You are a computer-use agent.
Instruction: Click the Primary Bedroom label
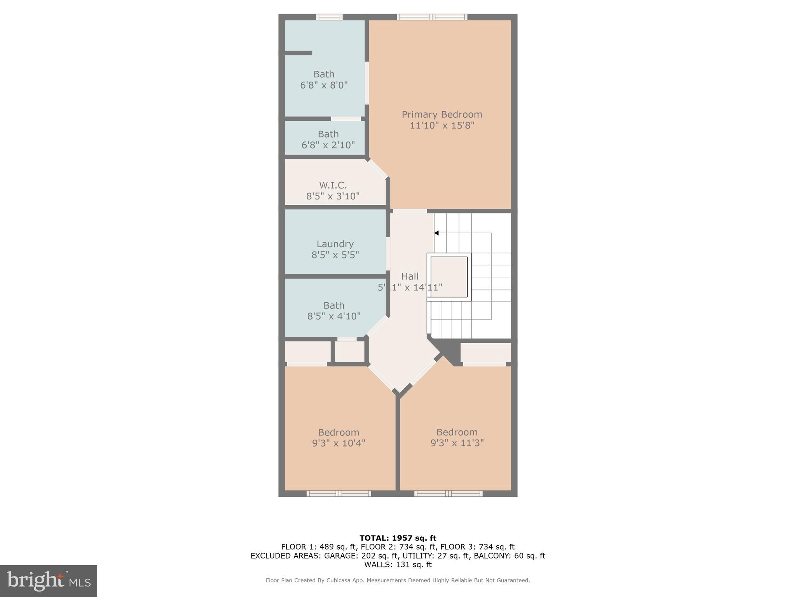pos(442,115)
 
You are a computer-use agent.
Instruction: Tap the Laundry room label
pos(335,244)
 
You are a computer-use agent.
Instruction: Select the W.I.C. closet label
pos(333,185)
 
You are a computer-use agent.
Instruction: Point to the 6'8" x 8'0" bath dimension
pos(324,85)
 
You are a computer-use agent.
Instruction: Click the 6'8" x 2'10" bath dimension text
pos(328,145)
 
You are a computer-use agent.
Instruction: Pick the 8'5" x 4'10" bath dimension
pos(334,316)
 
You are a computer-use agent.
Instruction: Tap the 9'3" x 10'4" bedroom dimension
pos(339,443)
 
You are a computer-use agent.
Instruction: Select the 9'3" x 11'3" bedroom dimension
pos(457,443)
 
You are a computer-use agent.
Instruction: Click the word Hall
pos(410,276)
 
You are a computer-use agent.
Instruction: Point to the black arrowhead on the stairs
pos(436,233)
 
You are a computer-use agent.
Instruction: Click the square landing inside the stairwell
pos(449,277)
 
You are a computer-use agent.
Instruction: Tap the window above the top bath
pos(329,17)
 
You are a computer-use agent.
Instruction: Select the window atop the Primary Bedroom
pos(432,17)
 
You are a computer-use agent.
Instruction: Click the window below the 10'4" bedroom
pos(339,494)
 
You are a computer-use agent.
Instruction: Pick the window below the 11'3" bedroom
pos(448,494)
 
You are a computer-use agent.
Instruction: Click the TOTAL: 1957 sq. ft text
pos(398,538)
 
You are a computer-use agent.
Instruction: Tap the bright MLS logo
pos(49,581)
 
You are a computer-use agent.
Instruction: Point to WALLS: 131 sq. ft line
pos(398,564)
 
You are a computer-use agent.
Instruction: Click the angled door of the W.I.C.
pos(378,169)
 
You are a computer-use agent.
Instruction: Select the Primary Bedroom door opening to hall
pos(410,211)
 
